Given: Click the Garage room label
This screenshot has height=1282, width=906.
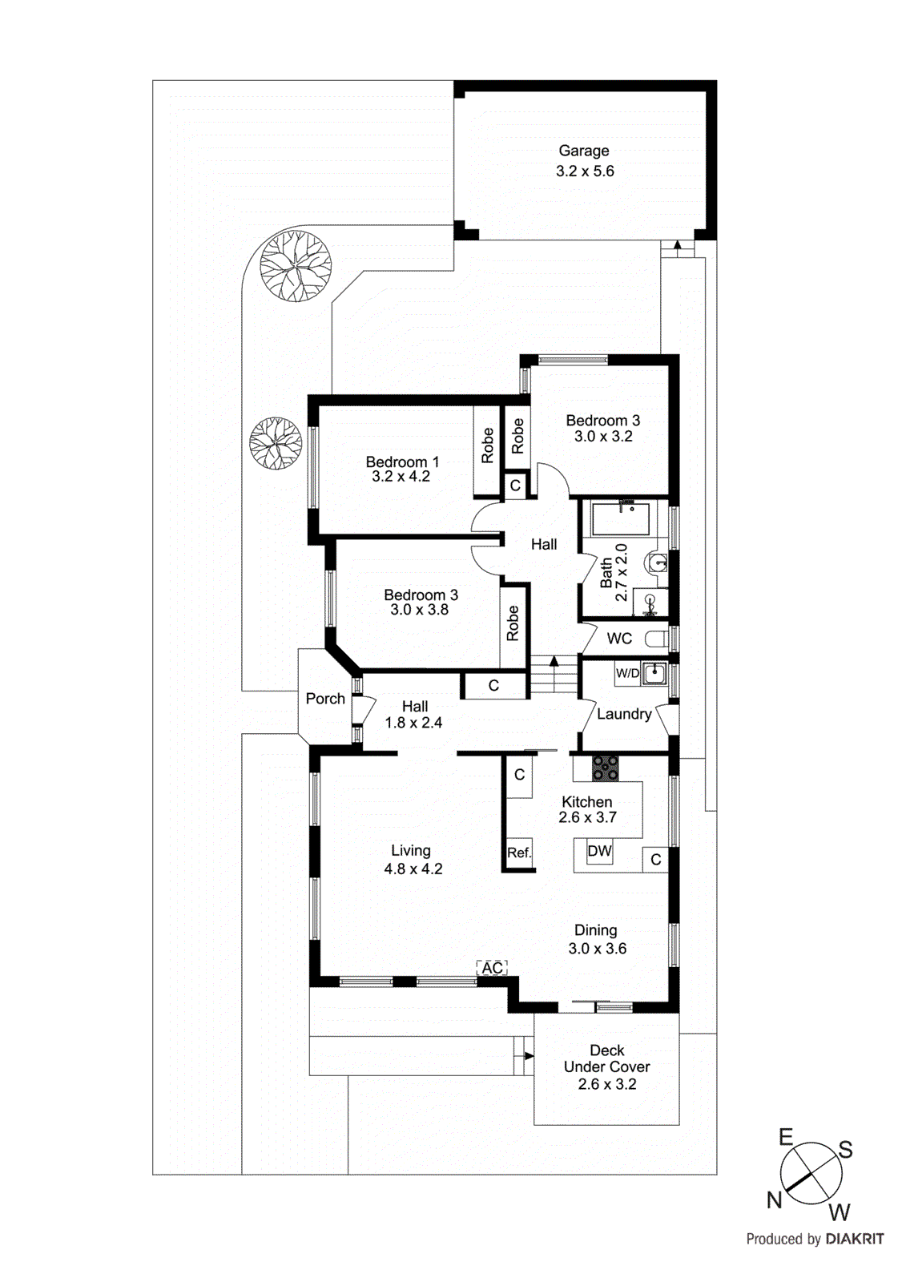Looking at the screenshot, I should [583, 151].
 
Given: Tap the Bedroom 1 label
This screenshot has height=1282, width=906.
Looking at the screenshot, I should [401, 462].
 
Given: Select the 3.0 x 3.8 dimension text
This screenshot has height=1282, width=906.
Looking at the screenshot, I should [419, 610].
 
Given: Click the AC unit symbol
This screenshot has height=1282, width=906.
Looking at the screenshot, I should [492, 968].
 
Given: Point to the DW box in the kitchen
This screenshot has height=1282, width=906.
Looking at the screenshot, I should [599, 851].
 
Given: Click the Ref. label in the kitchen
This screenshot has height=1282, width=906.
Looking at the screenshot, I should [519, 853].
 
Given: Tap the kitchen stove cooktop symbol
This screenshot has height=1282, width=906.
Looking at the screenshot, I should [605, 768].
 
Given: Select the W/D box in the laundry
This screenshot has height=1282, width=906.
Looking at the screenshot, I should [627, 673].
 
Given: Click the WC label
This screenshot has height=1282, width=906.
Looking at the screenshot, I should [619, 639].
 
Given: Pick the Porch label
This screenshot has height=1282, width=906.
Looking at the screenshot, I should [325, 699].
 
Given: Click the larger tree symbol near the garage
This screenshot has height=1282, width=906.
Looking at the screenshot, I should [296, 265].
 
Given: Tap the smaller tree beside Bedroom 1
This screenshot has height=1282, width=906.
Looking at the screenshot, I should [275, 442].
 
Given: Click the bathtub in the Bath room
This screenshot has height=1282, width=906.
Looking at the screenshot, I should [621, 519].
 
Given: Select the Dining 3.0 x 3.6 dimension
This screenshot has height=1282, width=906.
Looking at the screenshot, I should [597, 949].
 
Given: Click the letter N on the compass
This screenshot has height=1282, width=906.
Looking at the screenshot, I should [774, 1199].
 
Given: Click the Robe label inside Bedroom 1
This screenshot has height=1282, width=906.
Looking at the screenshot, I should [487, 445].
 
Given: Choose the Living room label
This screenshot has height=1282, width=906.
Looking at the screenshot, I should [410, 850].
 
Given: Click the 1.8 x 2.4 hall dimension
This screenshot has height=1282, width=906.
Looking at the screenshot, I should [413, 723].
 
